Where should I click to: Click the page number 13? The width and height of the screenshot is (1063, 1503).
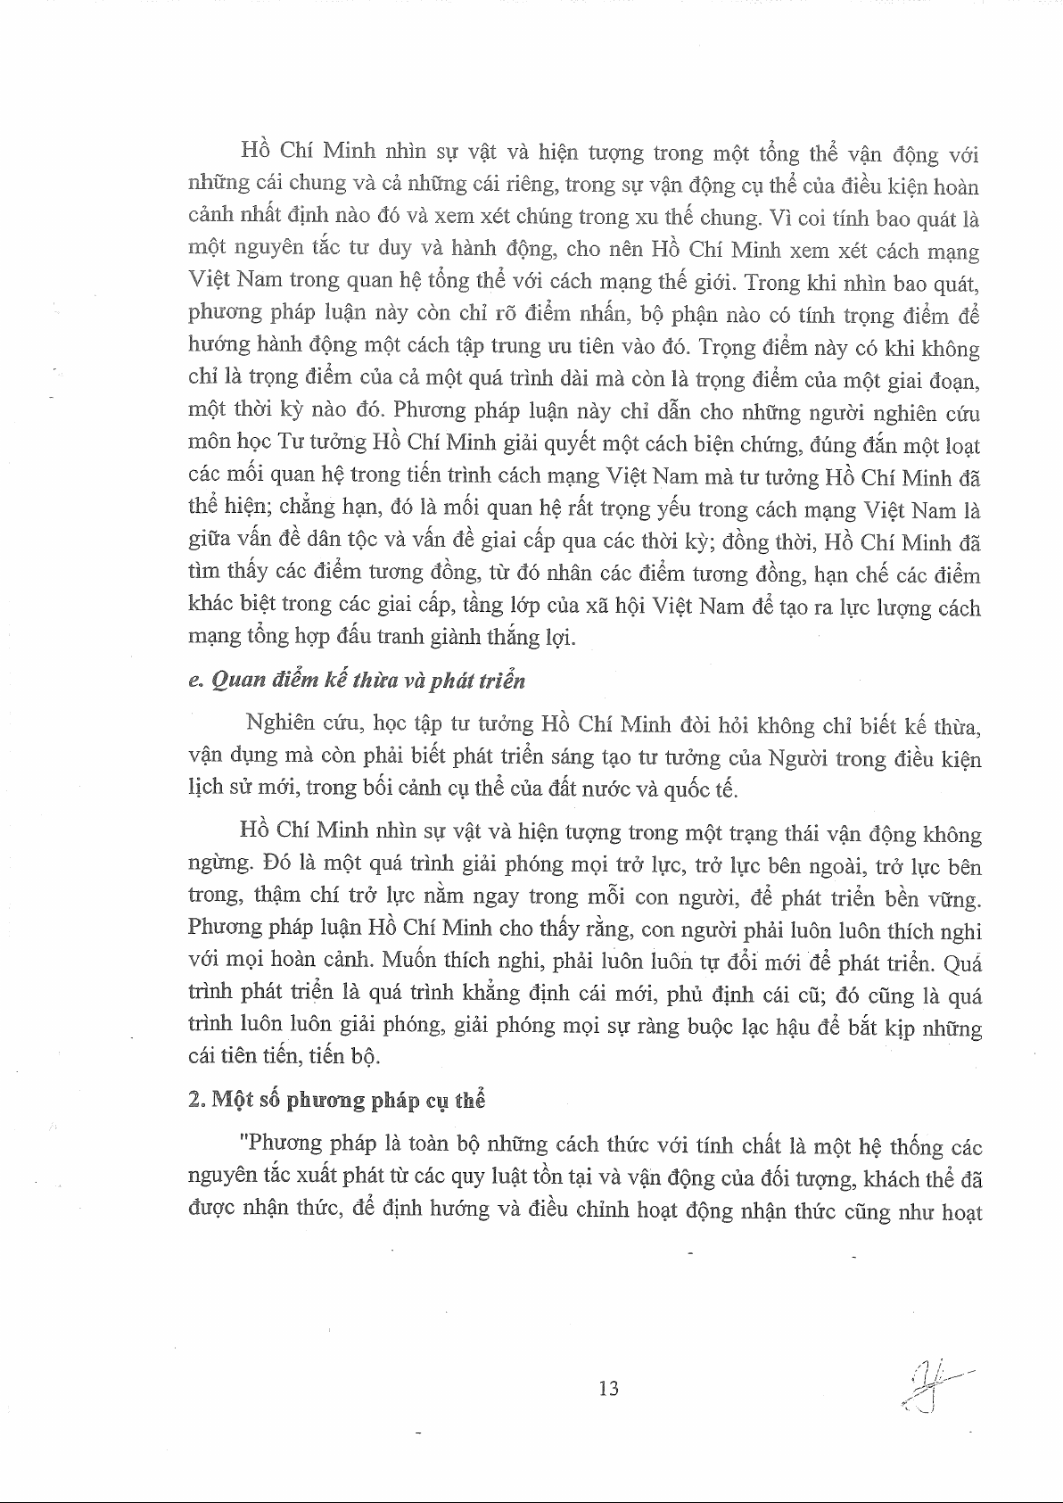click(x=610, y=1387)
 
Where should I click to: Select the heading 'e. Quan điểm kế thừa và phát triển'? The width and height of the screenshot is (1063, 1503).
click(x=358, y=681)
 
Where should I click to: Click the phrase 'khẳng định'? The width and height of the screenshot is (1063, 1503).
click(x=531, y=995)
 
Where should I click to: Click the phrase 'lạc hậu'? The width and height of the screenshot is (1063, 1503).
click(x=772, y=1028)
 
